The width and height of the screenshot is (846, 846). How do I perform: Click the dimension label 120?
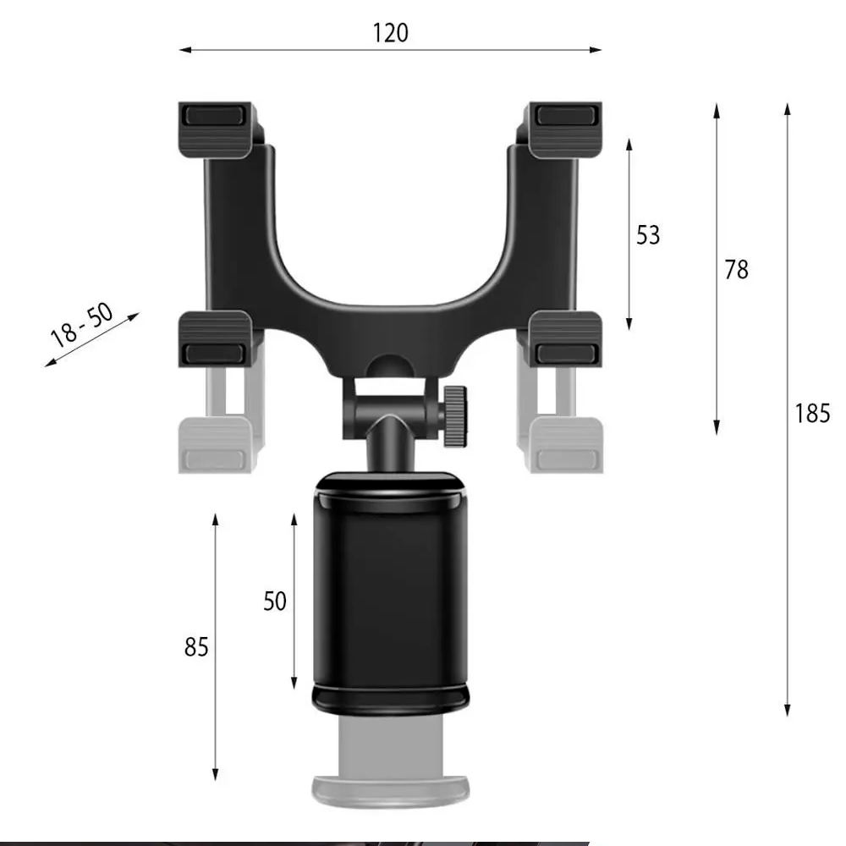coord(391,33)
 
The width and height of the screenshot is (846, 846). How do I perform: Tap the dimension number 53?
coord(648,235)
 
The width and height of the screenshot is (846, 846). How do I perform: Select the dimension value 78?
coord(737,270)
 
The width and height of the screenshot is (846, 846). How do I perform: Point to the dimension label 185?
coord(812,414)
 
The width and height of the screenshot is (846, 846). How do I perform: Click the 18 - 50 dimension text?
coord(82,326)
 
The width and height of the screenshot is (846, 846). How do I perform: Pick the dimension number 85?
coord(196,647)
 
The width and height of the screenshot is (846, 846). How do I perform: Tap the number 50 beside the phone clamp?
coord(275,602)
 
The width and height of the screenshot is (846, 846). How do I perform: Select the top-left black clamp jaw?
coord(217,129)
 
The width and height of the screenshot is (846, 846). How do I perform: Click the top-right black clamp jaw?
coord(565,129)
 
